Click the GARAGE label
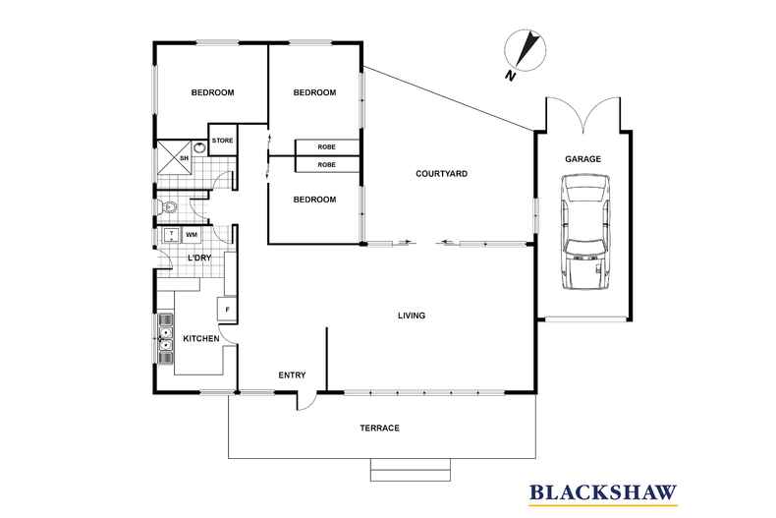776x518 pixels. [583, 159]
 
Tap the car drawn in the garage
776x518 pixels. [585, 232]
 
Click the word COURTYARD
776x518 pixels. [441, 174]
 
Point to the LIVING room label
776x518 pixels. [412, 316]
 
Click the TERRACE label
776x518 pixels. [379, 428]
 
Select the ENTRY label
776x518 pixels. [292, 375]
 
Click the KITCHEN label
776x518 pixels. [201, 339]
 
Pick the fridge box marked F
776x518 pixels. [227, 310]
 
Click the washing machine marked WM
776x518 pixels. [192, 235]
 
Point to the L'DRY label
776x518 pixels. [199, 258]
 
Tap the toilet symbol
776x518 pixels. [167, 207]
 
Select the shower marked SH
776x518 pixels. [174, 157]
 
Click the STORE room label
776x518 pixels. [223, 141]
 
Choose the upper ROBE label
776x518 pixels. [327, 147]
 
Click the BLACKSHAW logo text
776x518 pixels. [603, 492]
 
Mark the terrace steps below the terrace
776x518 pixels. [411, 470]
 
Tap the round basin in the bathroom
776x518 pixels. [199, 147]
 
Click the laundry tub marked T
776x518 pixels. [171, 235]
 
